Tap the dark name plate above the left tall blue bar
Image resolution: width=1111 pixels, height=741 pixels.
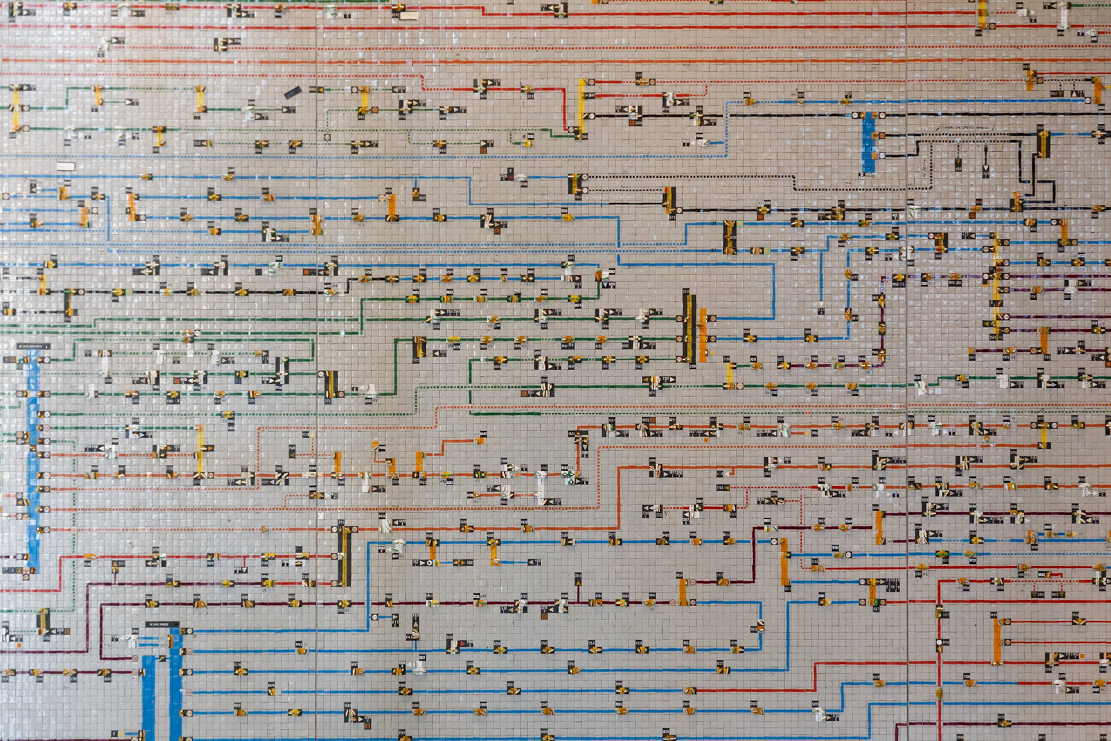coord(33,346)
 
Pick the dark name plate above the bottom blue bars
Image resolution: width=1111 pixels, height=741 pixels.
coord(162,625)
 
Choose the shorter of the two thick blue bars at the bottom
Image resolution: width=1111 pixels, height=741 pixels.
coord(149,698)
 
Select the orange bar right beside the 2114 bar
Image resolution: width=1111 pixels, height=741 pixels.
coord(703,335)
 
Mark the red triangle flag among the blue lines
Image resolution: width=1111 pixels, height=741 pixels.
coord(462,644)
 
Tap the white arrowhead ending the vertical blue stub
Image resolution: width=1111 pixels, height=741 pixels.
coord(821,303)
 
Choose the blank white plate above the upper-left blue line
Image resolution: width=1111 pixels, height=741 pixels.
coord(65,167)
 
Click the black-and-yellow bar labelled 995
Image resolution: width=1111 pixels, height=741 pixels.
coord(344,556)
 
